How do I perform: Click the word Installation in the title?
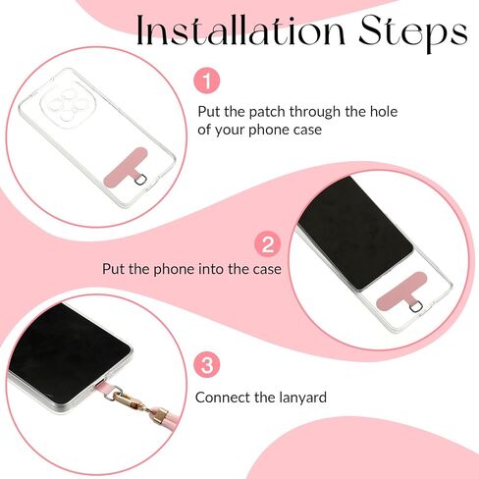[x=240, y=30]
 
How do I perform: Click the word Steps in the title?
[x=413, y=32]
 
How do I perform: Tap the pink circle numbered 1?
[x=207, y=80]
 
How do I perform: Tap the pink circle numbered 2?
[x=268, y=244]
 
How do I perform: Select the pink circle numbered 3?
[x=207, y=365]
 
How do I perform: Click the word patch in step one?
[x=267, y=112]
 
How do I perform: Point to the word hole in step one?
[x=384, y=112]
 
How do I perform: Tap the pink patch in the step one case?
[x=126, y=167]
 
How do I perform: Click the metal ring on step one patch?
[x=141, y=179]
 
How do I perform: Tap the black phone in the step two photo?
[x=355, y=234]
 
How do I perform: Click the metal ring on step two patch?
[x=416, y=307]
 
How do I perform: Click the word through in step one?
[x=315, y=112]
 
